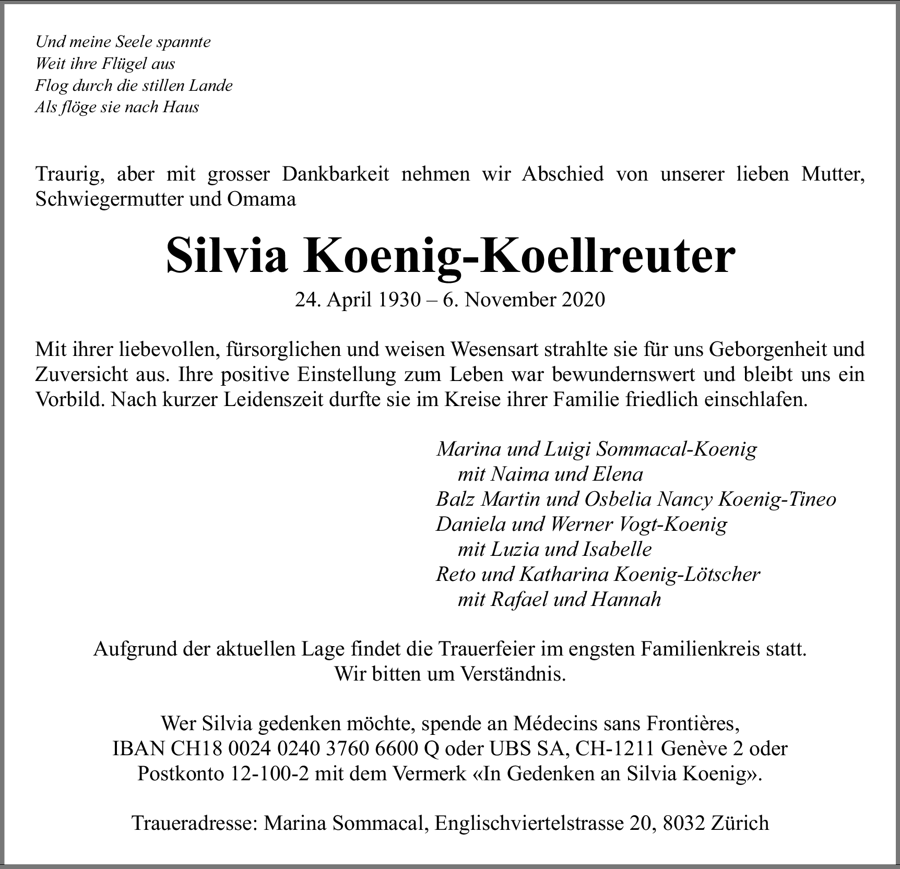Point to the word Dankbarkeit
(x=335, y=174)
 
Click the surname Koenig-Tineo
(x=777, y=499)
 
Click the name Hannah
(x=626, y=599)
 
